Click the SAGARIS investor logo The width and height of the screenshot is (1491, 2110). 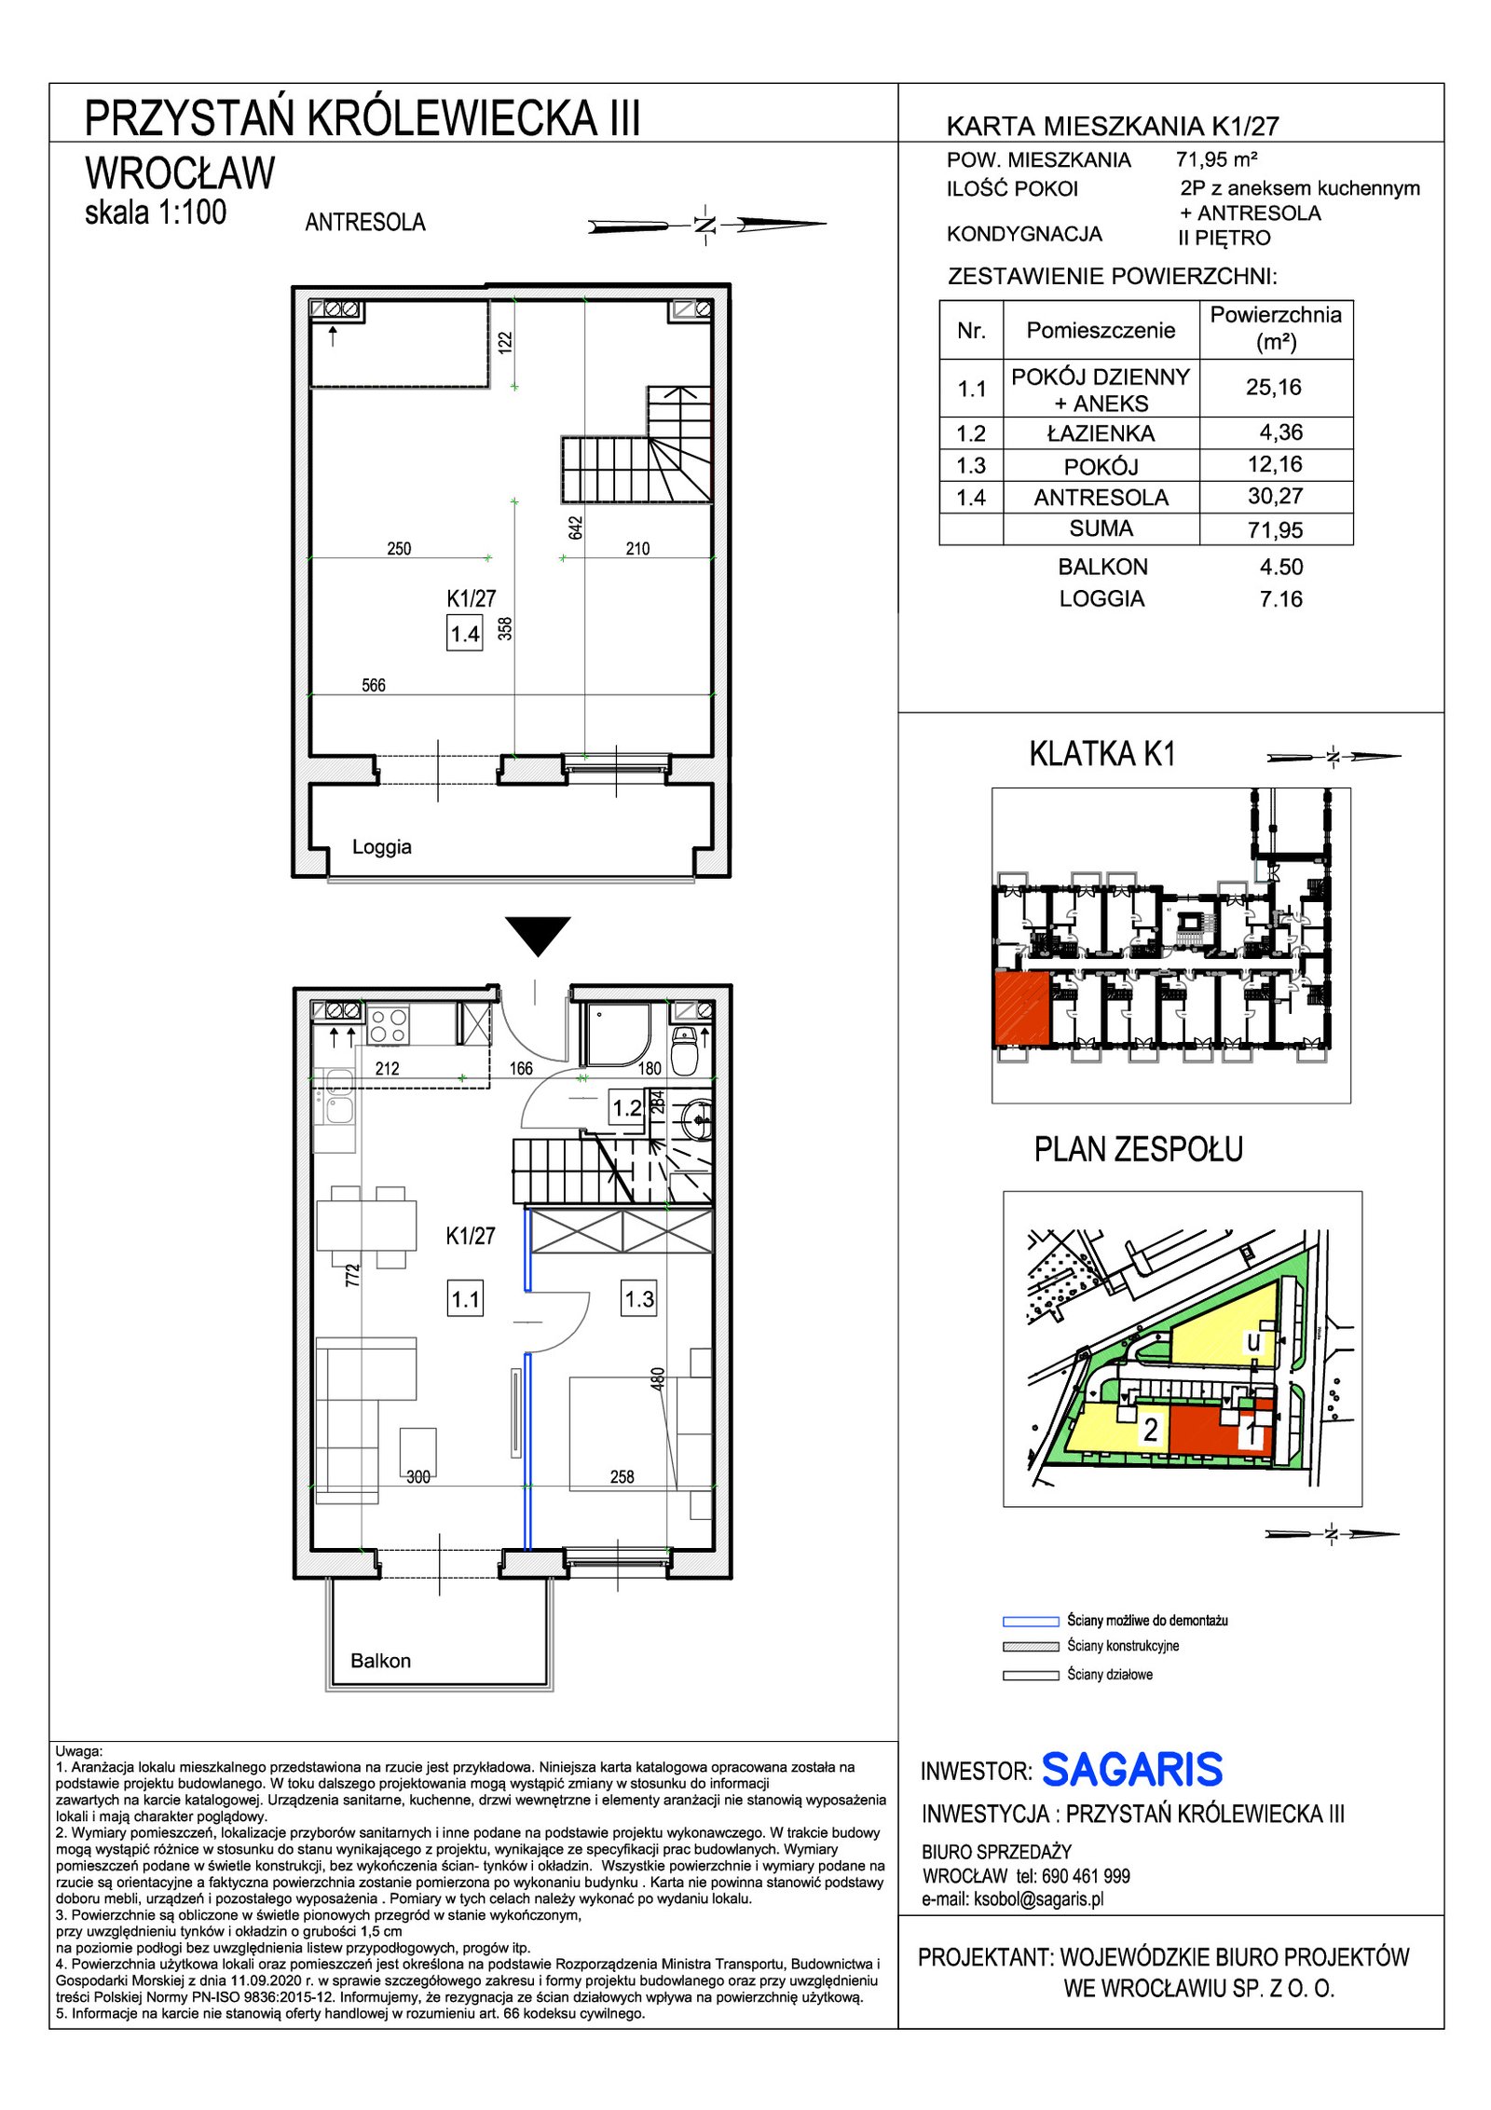pyautogui.click(x=1131, y=1770)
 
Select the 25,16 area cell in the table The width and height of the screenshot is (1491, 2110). pyautogui.click(x=1273, y=387)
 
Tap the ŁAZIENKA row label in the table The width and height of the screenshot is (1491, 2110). pyautogui.click(x=1101, y=433)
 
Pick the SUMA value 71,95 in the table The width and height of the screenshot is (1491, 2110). pyautogui.click(x=1275, y=529)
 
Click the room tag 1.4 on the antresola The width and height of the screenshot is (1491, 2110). pyautogui.click(x=465, y=635)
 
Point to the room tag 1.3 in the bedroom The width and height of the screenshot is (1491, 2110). pyautogui.click(x=639, y=1299)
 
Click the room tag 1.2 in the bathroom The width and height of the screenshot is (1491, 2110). pyautogui.click(x=626, y=1108)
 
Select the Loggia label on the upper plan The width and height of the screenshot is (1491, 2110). pyautogui.click(x=381, y=846)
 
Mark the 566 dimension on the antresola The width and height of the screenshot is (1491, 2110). pyautogui.click(x=373, y=685)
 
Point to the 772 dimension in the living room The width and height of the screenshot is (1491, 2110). pyautogui.click(x=351, y=1275)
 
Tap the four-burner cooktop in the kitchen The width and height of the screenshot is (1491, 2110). pyautogui.click(x=388, y=1025)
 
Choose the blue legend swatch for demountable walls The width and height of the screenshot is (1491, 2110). pyautogui.click(x=1030, y=1621)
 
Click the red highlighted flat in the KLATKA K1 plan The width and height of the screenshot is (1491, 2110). pyautogui.click(x=1022, y=1008)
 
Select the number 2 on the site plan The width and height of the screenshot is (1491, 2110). pyautogui.click(x=1151, y=1429)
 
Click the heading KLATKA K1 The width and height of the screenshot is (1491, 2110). pyautogui.click(x=1102, y=753)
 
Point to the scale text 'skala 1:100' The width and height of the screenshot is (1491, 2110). pyautogui.click(x=156, y=212)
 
